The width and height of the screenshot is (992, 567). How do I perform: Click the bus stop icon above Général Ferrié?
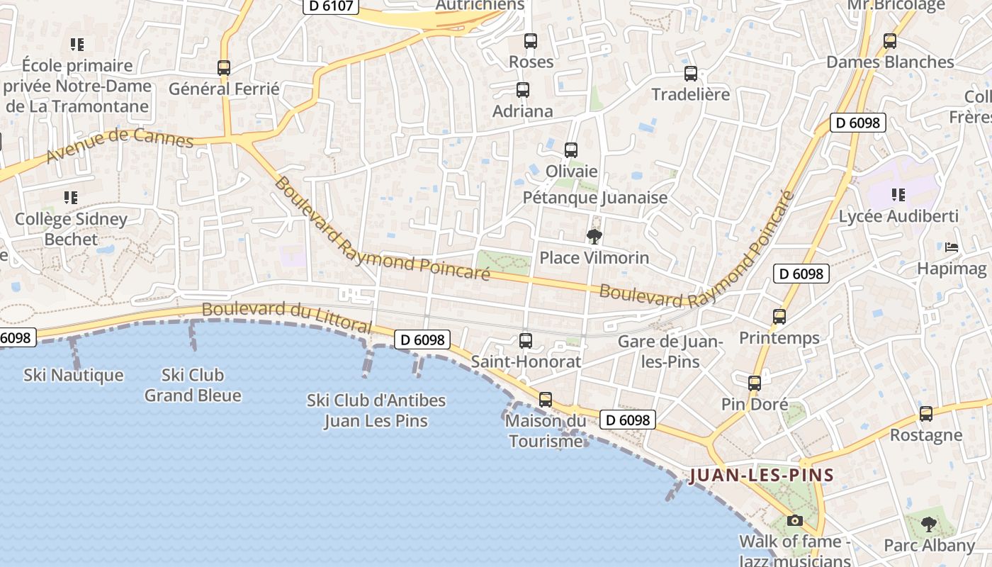pyautogui.click(x=224, y=68)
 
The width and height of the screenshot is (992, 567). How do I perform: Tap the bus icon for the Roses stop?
pyautogui.click(x=531, y=41)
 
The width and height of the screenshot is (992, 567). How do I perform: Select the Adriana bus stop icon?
pyautogui.click(x=523, y=90)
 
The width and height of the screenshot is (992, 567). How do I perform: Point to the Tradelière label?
pyautogui.click(x=690, y=94)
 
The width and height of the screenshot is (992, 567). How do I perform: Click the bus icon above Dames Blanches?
pyautogui.click(x=890, y=41)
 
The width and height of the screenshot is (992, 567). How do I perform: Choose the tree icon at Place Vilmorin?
pyautogui.click(x=594, y=237)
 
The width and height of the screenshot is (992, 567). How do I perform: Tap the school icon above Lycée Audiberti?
pyautogui.click(x=898, y=195)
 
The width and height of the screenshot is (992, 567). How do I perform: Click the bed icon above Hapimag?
pyautogui.click(x=952, y=247)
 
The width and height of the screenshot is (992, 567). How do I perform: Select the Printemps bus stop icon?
pyautogui.click(x=779, y=317)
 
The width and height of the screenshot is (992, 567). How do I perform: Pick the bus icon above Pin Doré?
pyautogui.click(x=755, y=383)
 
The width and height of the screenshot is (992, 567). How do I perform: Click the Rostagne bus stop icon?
pyautogui.click(x=926, y=414)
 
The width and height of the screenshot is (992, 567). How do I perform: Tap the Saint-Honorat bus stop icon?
pyautogui.click(x=526, y=341)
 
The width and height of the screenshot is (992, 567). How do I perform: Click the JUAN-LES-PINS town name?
pyautogui.click(x=761, y=475)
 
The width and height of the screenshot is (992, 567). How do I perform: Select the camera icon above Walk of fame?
pyautogui.click(x=795, y=521)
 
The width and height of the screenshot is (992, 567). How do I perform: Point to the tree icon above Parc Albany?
pyautogui.click(x=929, y=524)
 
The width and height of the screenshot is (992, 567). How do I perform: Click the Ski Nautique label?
pyautogui.click(x=74, y=375)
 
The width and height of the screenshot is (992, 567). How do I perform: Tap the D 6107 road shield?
pyautogui.click(x=332, y=6)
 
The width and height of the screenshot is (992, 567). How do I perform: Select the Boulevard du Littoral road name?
pyautogui.click(x=286, y=317)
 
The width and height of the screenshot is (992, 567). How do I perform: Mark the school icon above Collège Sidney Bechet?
pyautogui.click(x=70, y=197)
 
